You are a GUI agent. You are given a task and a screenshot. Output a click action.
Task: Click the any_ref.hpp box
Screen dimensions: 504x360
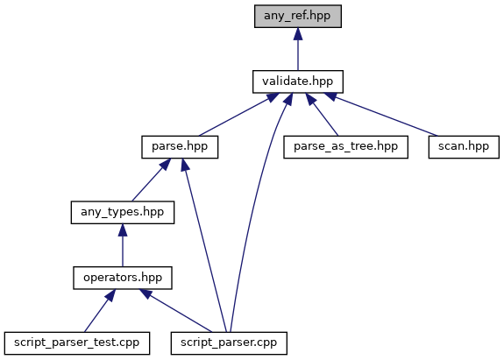tap(298, 16)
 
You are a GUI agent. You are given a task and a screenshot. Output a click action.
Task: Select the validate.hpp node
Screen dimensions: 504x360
tap(298, 81)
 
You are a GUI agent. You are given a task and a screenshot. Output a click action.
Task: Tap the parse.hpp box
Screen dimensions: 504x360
tap(180, 147)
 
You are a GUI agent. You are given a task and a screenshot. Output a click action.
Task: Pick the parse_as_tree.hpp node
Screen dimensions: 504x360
tap(345, 147)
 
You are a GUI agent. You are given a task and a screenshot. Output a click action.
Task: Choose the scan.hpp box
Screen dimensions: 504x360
tap(464, 147)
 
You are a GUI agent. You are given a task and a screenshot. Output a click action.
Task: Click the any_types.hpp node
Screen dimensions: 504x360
tap(123, 212)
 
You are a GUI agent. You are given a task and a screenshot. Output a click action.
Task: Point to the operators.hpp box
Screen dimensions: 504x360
tap(123, 278)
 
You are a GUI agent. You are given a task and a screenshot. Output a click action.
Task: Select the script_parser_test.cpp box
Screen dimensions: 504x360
tap(77, 343)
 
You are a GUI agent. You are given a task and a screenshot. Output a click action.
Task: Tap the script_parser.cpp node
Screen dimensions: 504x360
tap(229, 343)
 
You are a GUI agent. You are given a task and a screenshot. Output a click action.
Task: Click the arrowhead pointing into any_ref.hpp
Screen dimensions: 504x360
tap(298, 33)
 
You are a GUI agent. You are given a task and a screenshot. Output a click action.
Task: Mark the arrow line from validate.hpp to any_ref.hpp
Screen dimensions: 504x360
tap(298, 49)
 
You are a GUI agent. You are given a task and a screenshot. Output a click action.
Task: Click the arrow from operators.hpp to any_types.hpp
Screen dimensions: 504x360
tap(123, 245)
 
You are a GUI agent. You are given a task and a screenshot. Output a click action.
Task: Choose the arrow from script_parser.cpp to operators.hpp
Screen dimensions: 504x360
tap(175, 311)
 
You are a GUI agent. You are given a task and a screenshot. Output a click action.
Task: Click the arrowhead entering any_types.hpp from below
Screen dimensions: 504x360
tap(123, 230)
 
